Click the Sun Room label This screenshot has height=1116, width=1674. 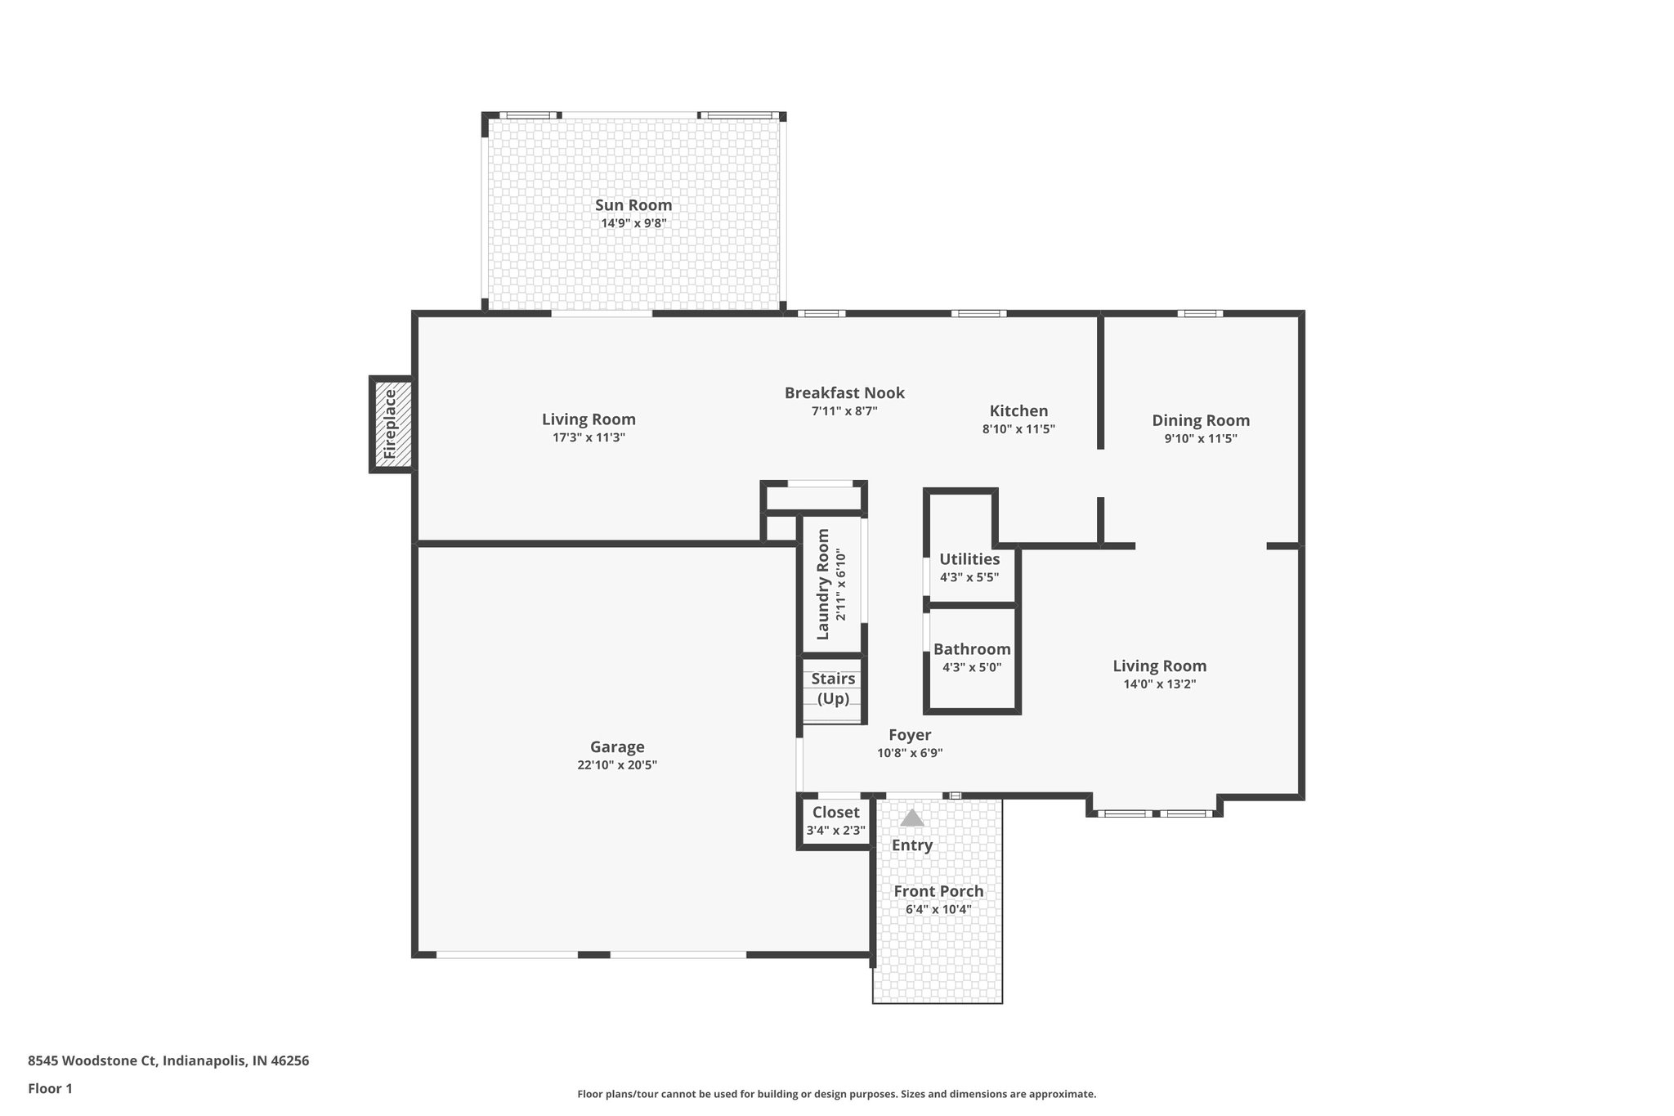(x=633, y=205)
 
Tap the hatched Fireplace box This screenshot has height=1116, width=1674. (x=391, y=424)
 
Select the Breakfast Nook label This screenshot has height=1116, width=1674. (x=844, y=393)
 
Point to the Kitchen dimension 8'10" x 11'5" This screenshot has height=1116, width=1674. (x=1018, y=429)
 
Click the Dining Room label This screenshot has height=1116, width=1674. (x=1200, y=420)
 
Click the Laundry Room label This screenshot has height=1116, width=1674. (x=823, y=584)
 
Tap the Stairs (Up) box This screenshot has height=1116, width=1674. (x=833, y=689)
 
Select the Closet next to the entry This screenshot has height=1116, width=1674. (x=835, y=821)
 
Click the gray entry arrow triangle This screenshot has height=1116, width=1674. (x=911, y=818)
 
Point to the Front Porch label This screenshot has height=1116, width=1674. (x=938, y=891)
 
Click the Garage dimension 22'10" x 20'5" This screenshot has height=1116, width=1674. (x=617, y=765)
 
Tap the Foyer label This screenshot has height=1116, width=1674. (x=910, y=735)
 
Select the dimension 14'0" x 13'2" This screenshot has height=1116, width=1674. (x=1159, y=684)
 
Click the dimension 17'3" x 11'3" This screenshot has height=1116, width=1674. (x=589, y=437)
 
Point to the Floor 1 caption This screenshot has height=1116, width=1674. (x=50, y=1088)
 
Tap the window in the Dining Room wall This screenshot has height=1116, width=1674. (x=1200, y=313)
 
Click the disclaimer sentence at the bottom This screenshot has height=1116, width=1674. (x=836, y=1094)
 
